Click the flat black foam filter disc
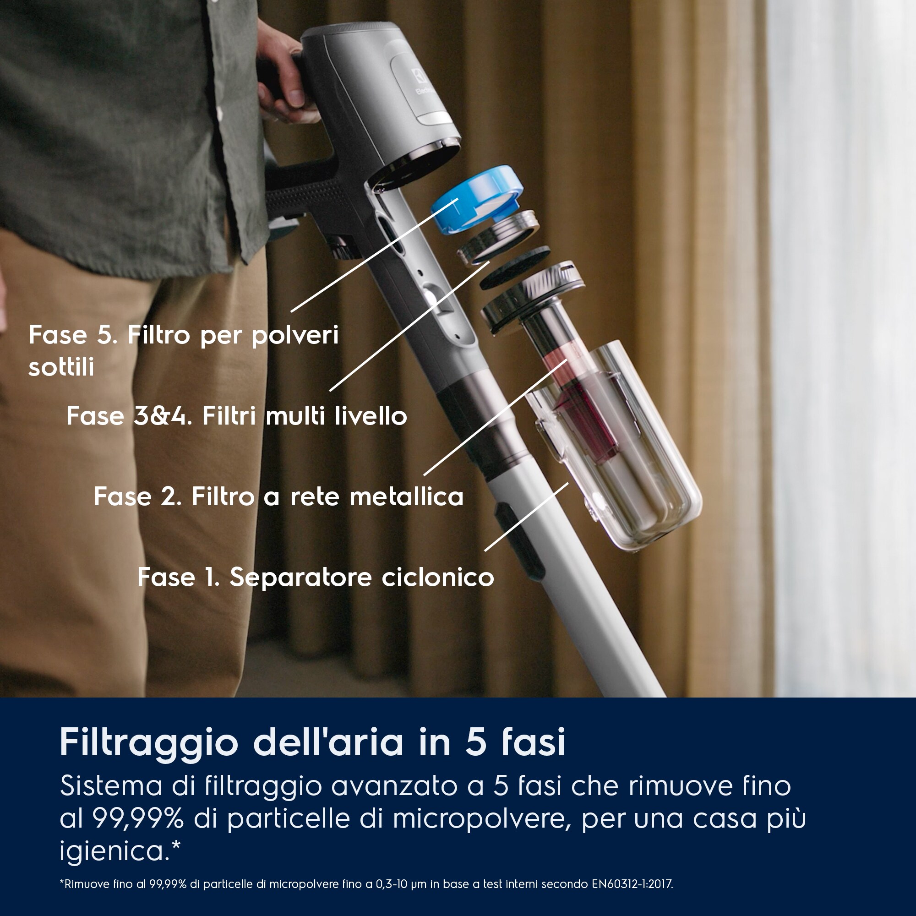515,268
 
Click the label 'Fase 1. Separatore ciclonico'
316,577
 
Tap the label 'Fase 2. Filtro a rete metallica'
279,497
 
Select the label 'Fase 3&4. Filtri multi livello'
237,416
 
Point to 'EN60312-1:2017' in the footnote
632,884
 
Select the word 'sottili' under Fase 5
61,367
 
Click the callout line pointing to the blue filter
375,255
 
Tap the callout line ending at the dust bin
526,517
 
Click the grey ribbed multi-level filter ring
498,237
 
